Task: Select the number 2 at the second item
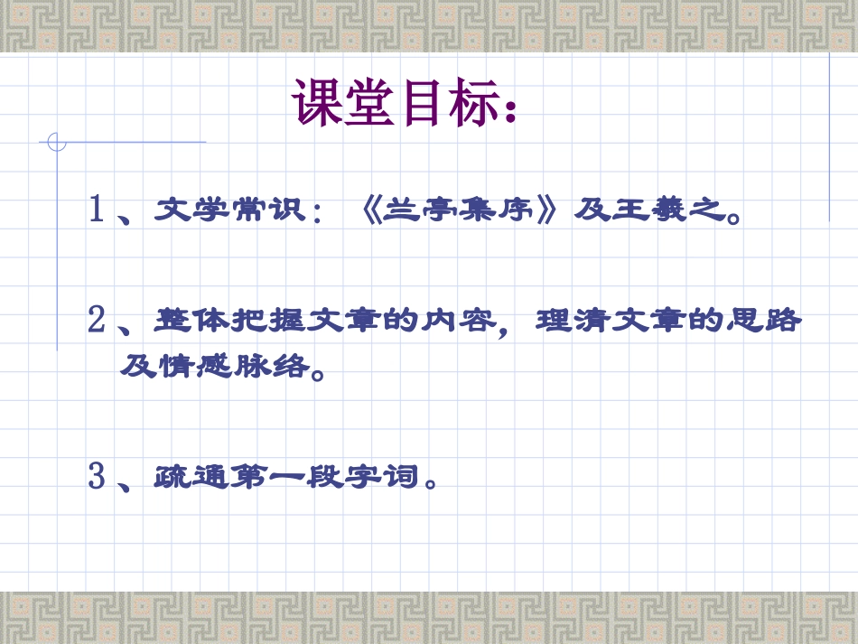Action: coord(98,321)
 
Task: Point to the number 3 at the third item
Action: coord(98,475)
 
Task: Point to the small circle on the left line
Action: coord(57,142)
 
